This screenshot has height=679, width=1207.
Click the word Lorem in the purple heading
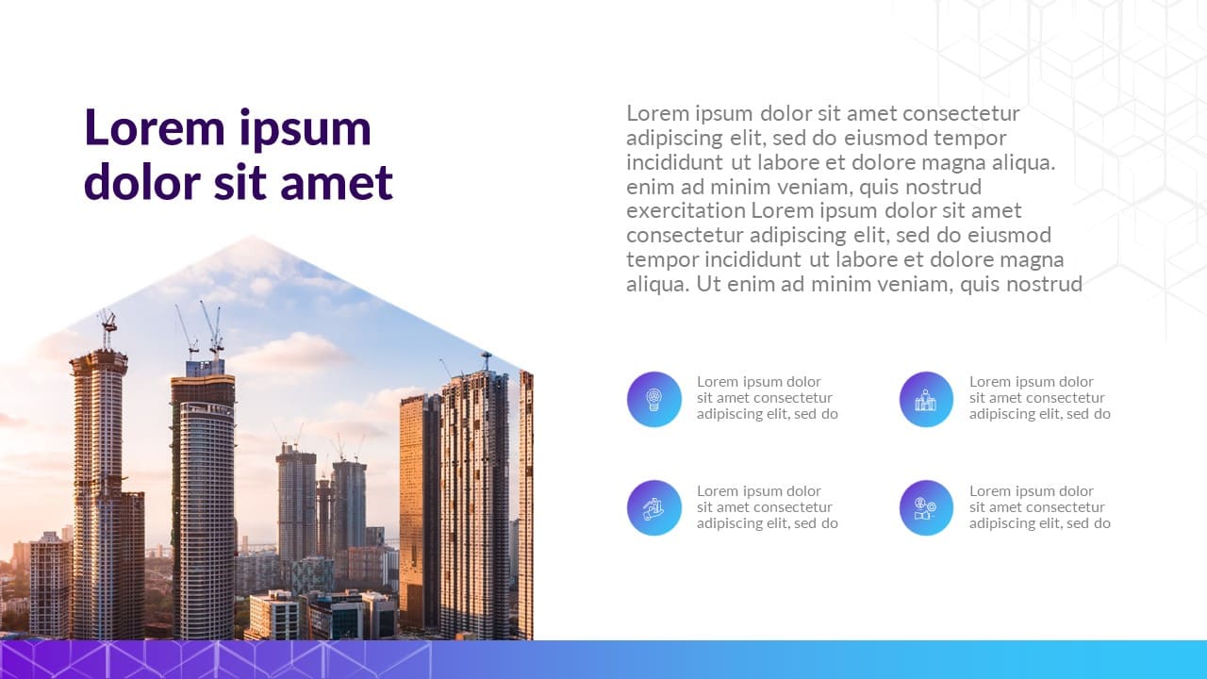(154, 127)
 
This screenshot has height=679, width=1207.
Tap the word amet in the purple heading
(337, 182)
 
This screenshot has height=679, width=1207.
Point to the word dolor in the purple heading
(142, 181)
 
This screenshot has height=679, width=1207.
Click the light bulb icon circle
(654, 399)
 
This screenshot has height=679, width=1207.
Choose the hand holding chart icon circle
(654, 507)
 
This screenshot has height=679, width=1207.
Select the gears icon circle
(926, 507)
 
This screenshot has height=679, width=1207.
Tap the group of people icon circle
(926, 399)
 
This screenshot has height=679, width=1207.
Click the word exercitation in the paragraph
(686, 210)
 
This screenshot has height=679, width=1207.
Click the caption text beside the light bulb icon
(768, 398)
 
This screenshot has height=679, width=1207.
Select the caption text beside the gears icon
(1040, 507)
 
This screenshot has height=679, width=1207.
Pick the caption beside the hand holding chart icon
(768, 507)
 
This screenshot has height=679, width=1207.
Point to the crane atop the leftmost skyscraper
(107, 329)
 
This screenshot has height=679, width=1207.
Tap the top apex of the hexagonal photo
(252, 236)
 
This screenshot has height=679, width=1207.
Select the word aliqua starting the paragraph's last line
(657, 285)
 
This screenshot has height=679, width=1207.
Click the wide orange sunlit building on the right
(420, 512)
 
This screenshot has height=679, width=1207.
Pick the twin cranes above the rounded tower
(200, 330)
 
